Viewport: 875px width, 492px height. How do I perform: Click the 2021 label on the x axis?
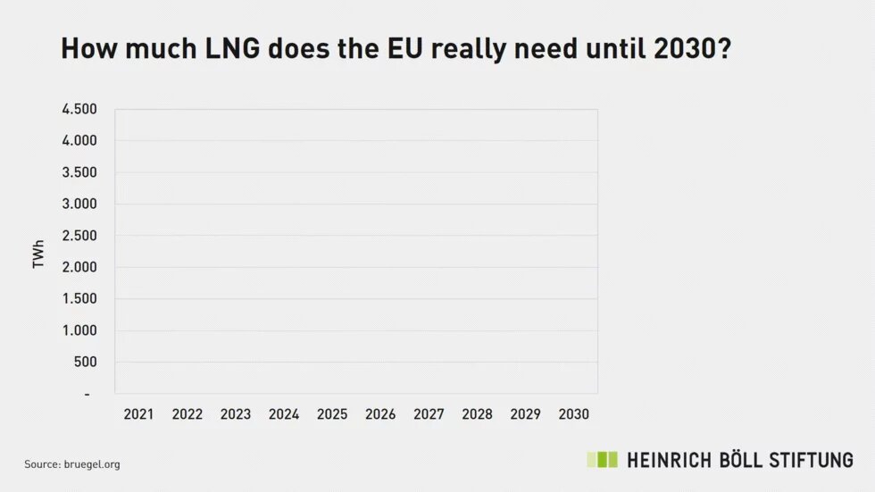(138, 414)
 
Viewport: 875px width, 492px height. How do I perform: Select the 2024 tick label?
(284, 414)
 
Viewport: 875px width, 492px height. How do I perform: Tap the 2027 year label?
(429, 414)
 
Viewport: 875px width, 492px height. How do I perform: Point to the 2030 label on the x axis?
(573, 414)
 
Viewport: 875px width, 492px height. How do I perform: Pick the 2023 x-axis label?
(236, 414)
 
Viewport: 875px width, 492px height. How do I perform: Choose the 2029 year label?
(525, 414)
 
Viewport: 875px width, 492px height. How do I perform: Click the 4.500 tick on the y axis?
(79, 109)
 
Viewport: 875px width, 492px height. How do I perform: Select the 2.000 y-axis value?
(79, 267)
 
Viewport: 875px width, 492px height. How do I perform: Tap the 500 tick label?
(86, 362)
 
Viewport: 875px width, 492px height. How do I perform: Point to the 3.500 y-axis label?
(79, 172)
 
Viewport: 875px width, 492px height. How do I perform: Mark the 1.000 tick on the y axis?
(79, 330)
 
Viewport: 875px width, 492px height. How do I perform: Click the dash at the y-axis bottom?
(87, 394)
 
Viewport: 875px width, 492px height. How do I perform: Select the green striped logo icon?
(602, 460)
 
